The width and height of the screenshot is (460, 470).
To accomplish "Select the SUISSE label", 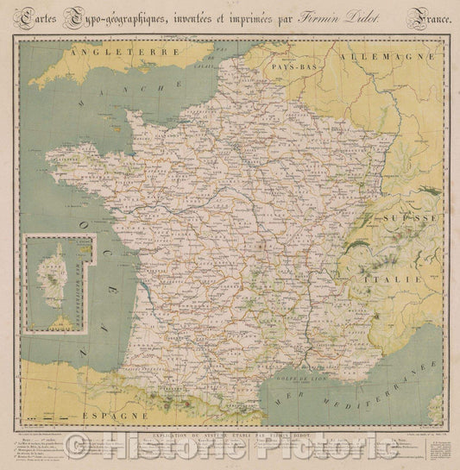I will [406, 218].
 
